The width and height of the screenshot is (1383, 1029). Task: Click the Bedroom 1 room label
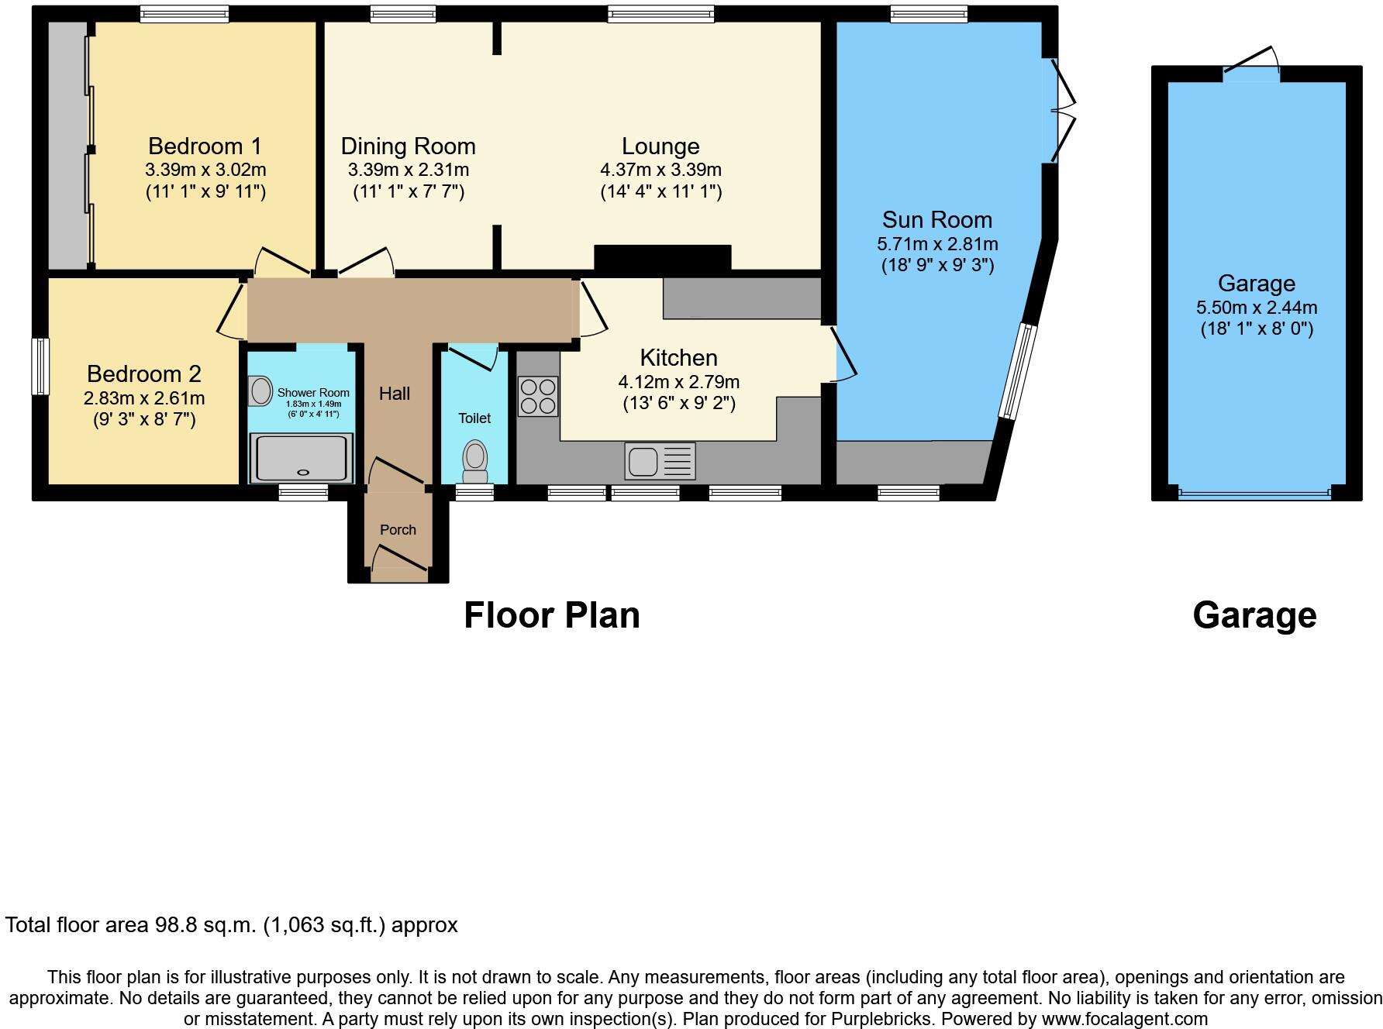pyautogui.click(x=205, y=146)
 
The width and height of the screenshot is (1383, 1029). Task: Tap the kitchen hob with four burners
pyautogui.click(x=538, y=396)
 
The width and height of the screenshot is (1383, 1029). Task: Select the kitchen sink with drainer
pyautogui.click(x=660, y=462)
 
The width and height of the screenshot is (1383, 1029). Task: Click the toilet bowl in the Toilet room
pyautogui.click(x=474, y=460)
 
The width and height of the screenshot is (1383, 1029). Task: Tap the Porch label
pyautogui.click(x=398, y=530)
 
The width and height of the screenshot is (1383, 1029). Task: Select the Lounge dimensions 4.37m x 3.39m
pyautogui.click(x=660, y=170)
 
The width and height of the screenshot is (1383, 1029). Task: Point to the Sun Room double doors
pyautogui.click(x=1062, y=111)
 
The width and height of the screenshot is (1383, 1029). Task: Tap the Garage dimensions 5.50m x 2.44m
pyautogui.click(x=1257, y=308)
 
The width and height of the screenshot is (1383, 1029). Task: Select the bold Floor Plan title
pyautogui.click(x=551, y=615)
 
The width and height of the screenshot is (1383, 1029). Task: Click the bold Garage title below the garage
pyautogui.click(x=1254, y=615)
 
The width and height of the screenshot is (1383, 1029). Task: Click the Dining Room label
pyautogui.click(x=408, y=146)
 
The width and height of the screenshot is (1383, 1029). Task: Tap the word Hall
pyautogui.click(x=394, y=394)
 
